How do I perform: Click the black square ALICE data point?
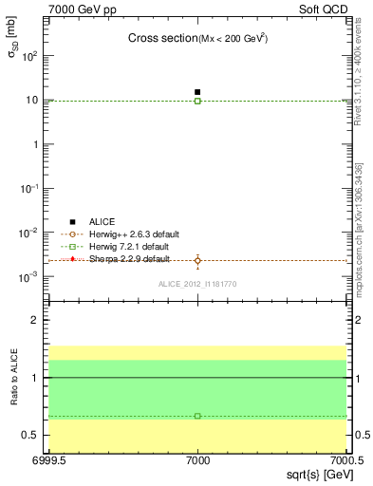pyautogui.click(x=197, y=92)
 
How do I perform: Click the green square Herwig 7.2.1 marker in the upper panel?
pyautogui.click(x=197, y=101)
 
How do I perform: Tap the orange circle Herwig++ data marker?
pyautogui.click(x=197, y=260)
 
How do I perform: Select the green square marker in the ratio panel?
pyautogui.click(x=197, y=416)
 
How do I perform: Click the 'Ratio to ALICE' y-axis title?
pyautogui.click(x=15, y=378)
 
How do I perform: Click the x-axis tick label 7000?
pyautogui.click(x=197, y=460)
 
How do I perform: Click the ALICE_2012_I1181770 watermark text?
pyautogui.click(x=197, y=284)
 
